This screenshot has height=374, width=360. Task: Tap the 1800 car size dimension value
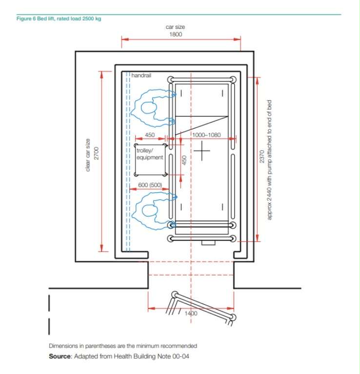point(176,35)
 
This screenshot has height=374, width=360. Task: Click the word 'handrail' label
point(141,77)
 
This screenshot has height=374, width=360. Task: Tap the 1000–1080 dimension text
point(206,135)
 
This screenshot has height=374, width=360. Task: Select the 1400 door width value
point(191,313)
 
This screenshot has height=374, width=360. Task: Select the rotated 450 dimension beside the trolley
point(184,160)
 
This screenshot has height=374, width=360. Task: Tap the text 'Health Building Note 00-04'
point(154,356)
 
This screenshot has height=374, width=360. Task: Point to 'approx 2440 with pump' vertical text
point(269,161)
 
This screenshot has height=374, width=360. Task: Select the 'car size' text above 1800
point(176,27)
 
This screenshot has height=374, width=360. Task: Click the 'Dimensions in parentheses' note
point(122,346)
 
